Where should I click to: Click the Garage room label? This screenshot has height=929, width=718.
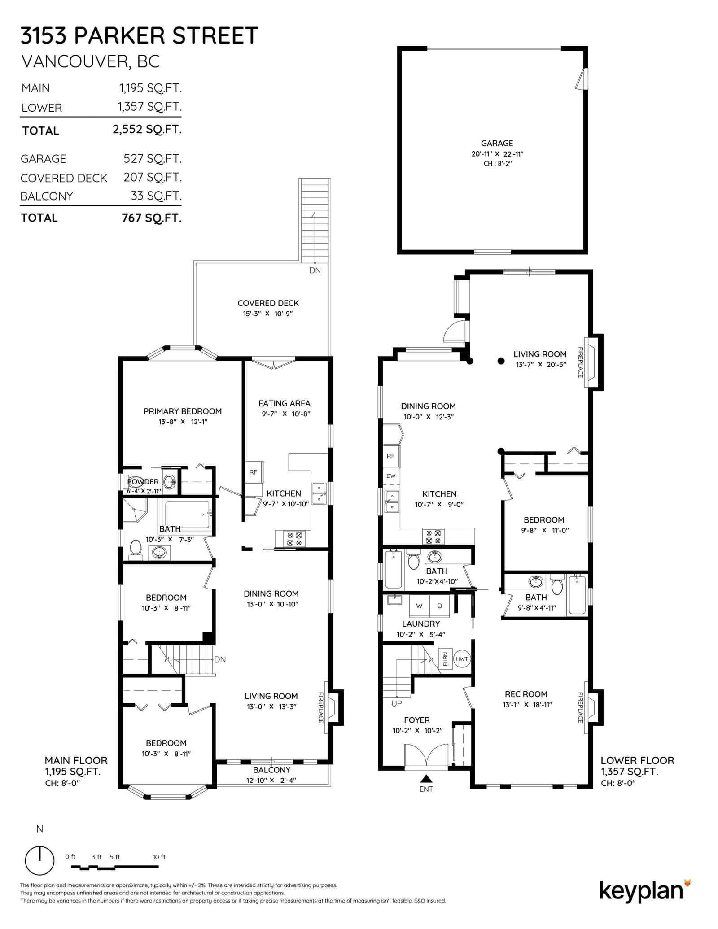click(x=497, y=143)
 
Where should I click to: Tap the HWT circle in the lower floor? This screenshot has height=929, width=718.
click(x=462, y=659)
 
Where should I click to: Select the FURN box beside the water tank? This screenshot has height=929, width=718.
click(x=445, y=659)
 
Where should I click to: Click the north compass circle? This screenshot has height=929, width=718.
click(x=39, y=860)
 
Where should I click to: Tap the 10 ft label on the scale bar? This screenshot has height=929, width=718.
click(x=159, y=857)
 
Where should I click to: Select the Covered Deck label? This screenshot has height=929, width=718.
click(x=268, y=303)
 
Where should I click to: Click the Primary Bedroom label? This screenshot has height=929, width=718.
click(x=183, y=411)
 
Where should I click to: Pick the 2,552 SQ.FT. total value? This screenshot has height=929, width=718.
click(x=147, y=129)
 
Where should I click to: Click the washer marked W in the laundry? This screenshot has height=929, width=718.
click(x=419, y=606)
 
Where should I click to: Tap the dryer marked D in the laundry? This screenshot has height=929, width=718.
click(x=440, y=606)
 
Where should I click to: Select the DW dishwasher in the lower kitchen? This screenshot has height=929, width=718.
click(x=391, y=476)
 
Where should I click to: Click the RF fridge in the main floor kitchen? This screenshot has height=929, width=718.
click(x=254, y=472)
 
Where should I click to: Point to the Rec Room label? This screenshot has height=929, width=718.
click(x=526, y=694)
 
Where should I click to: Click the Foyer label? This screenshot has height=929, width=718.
click(x=417, y=720)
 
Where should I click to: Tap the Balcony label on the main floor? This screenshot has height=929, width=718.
click(x=271, y=770)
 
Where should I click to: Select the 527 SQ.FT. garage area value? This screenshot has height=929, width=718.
click(x=153, y=159)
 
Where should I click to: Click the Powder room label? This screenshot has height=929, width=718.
click(x=143, y=482)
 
